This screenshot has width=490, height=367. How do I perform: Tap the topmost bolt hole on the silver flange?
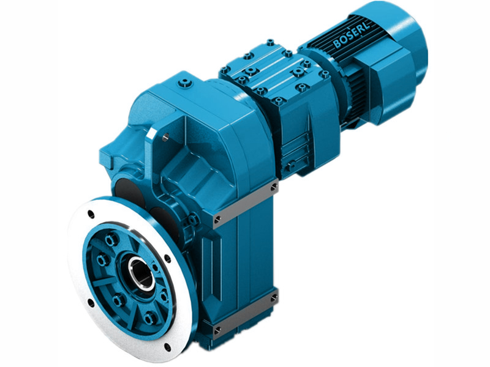pyautogui.click(x=91, y=214)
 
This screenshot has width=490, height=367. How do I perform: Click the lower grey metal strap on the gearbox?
pyautogui.click(x=245, y=313)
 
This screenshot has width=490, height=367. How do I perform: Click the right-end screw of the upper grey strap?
pyautogui.click(x=273, y=186)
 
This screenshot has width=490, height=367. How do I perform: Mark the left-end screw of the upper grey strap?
pyautogui.click(x=217, y=217)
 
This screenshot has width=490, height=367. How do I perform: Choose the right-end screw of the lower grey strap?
pyautogui.click(x=273, y=297)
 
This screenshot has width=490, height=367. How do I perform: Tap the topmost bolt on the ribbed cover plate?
pyautogui.click(x=269, y=43)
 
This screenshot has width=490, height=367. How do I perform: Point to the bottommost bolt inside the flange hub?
pyautogui.click(x=149, y=317)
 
